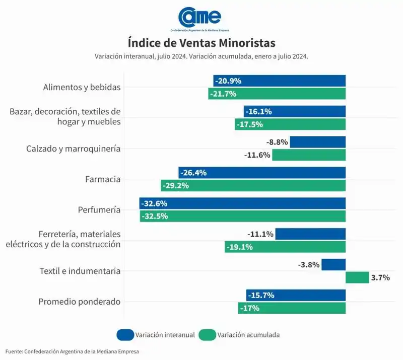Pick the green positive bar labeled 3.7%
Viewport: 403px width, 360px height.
357,277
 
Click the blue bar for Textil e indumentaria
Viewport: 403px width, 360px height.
333,264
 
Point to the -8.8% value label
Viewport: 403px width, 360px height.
278,142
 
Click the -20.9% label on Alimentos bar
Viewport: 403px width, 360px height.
228,81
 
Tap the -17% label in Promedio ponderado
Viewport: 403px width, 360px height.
250,308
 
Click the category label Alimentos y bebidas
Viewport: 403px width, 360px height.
82,87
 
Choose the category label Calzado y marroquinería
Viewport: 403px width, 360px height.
73,149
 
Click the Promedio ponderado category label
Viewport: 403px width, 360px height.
80,302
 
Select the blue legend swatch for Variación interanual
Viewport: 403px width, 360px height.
125,335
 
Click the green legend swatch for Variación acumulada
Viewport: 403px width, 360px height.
207,335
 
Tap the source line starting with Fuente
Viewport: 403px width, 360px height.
72,351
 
